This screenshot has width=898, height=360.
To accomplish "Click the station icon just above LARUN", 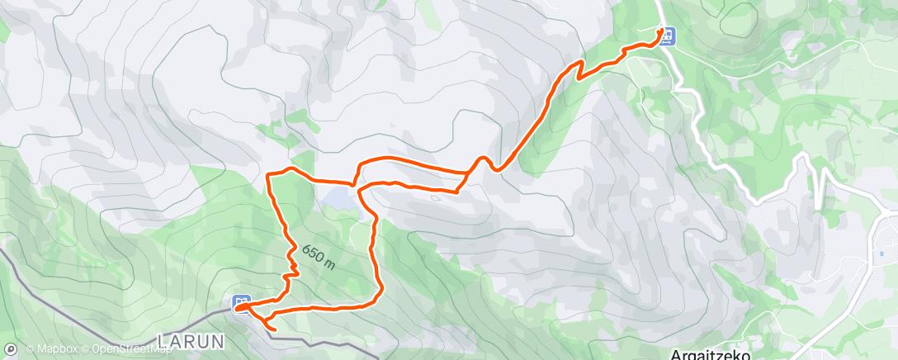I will [241, 303].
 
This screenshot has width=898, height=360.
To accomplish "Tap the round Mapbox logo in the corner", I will [11, 349].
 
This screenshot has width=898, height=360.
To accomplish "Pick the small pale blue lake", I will [339, 197].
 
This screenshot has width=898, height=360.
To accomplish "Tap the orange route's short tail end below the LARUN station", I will [273, 329].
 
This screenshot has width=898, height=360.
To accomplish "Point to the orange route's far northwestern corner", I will [268, 175].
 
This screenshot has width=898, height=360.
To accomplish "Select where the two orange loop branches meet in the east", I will [467, 176].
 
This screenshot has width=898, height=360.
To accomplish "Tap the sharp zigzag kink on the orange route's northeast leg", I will [578, 75].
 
